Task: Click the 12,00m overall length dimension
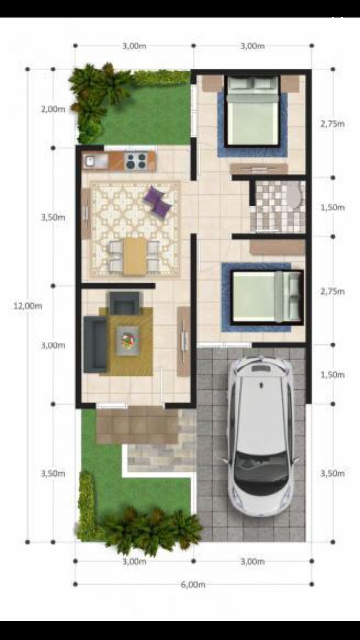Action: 28,306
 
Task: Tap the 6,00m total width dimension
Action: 193,585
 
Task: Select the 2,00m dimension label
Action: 53,109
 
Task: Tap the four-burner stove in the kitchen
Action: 136,161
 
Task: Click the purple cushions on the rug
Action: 157,200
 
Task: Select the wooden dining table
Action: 135,256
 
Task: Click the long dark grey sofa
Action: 95,344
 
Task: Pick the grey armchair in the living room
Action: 125,303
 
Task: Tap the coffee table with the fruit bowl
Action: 128,341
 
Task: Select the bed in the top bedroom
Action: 252,112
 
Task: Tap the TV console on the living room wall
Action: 183,341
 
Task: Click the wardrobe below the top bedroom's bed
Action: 259,169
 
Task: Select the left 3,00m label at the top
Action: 135,46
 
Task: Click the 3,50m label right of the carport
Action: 333,474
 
